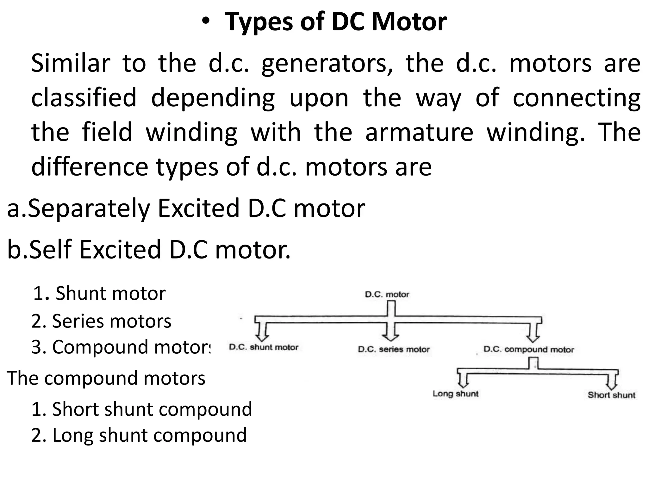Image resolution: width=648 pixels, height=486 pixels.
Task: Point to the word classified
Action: (x=84, y=98)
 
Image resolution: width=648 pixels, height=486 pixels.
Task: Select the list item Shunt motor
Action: (x=99, y=293)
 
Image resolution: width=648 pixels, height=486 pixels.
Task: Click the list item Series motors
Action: (x=101, y=321)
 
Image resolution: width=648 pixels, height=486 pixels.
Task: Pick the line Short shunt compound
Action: (x=141, y=409)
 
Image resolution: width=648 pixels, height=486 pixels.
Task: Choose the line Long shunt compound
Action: (x=139, y=435)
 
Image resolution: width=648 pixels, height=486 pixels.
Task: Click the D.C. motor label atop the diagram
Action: (x=387, y=295)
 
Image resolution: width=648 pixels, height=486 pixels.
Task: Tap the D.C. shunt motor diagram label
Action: (x=264, y=347)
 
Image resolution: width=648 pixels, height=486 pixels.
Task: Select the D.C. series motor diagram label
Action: (x=394, y=349)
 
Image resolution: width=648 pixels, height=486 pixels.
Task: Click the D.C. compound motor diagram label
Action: (x=529, y=350)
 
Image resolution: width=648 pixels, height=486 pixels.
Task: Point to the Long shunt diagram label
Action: (x=455, y=394)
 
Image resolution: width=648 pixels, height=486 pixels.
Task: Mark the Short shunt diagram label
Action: (x=611, y=395)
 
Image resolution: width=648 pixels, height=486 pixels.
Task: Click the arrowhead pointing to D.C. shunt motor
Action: (x=261, y=336)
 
